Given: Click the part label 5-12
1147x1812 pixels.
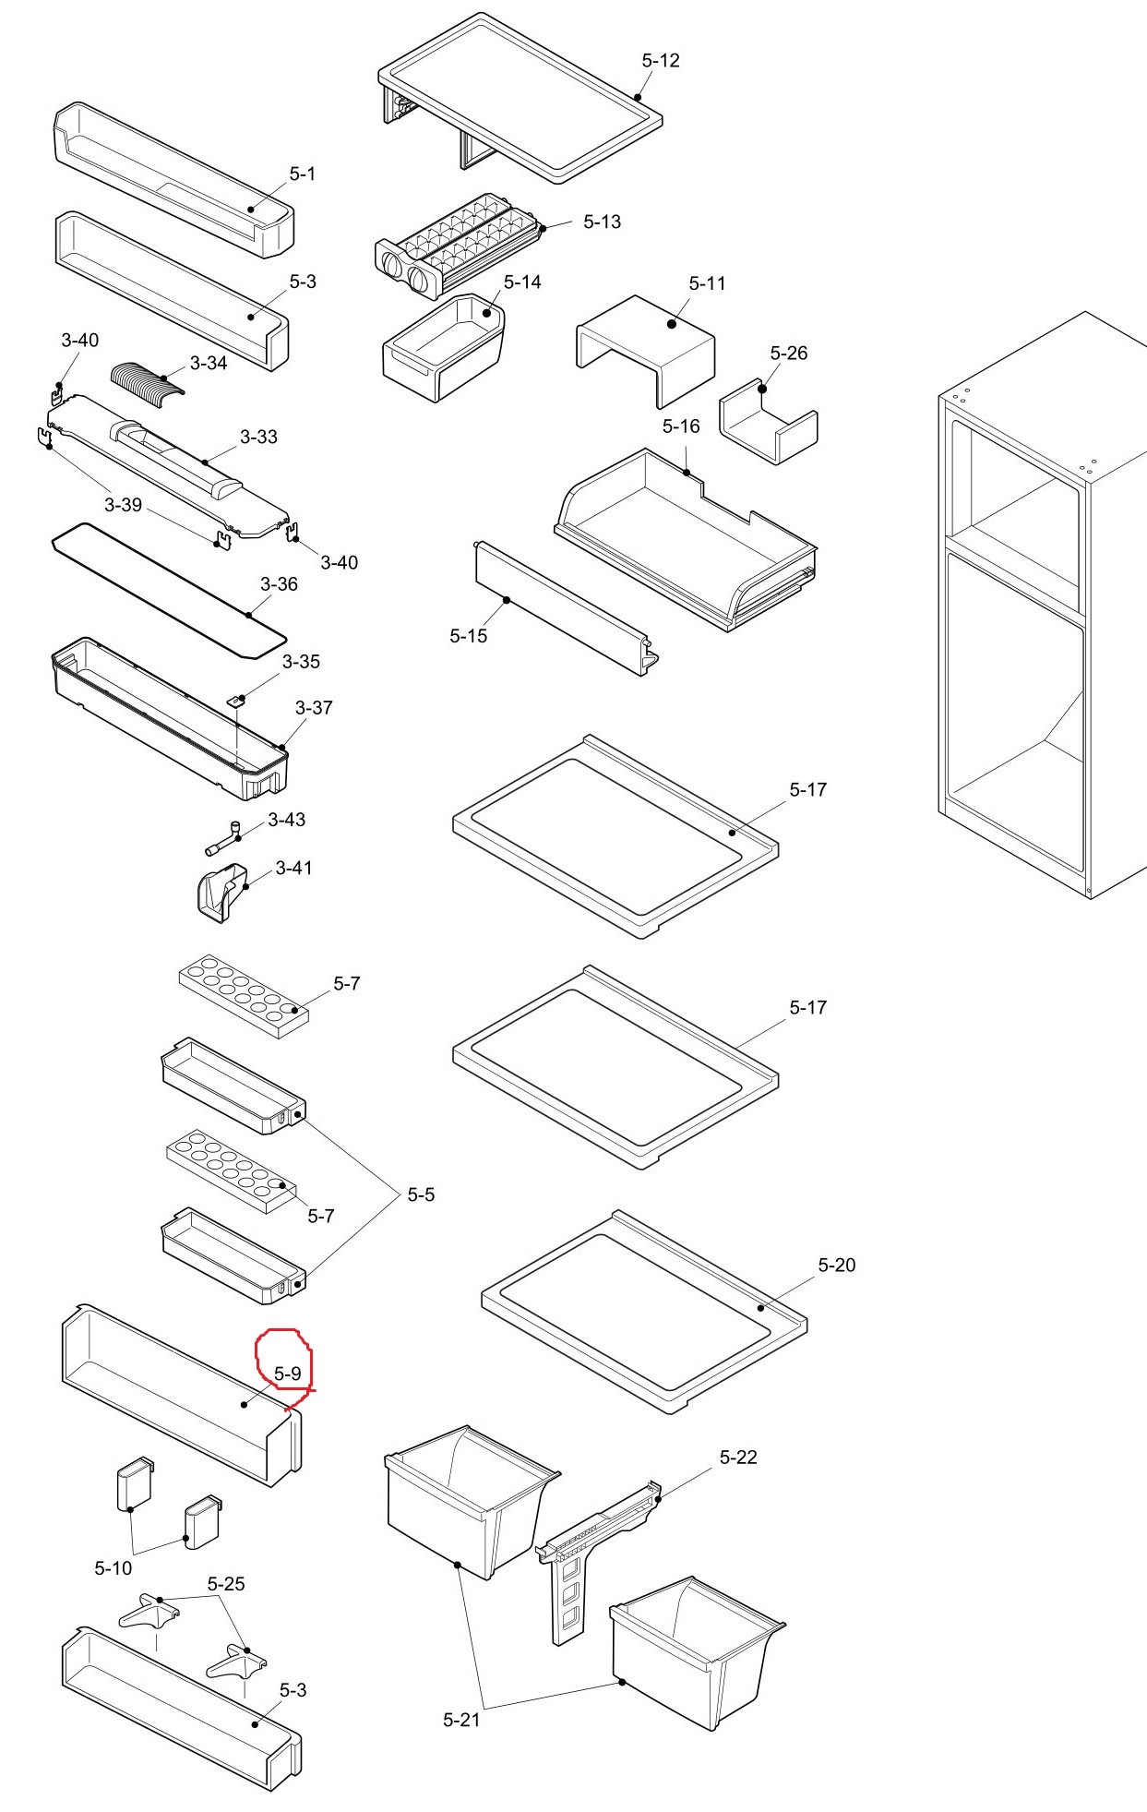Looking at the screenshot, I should [661, 61].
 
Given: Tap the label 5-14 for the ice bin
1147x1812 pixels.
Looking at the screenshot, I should [522, 282].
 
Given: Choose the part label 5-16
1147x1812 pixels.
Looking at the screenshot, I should [681, 426].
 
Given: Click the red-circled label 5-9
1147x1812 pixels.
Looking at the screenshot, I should [288, 1374].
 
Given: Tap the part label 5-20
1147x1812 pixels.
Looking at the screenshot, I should [837, 1266].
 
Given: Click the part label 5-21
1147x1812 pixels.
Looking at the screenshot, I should [461, 1720].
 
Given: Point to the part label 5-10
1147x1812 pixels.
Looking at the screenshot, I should [114, 1567].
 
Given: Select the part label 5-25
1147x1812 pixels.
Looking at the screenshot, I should [226, 1584].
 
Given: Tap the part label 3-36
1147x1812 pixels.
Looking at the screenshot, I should [279, 584].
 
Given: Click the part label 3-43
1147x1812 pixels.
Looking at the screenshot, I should [287, 820].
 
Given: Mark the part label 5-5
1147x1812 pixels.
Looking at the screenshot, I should [421, 1195].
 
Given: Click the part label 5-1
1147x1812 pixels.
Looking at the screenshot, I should [303, 174].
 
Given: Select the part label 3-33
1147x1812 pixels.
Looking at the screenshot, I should [258, 438].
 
